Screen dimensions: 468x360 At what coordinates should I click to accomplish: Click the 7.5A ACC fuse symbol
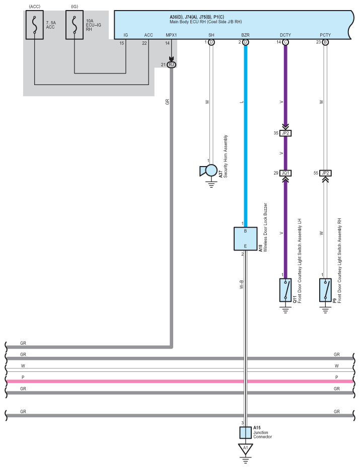[35, 24]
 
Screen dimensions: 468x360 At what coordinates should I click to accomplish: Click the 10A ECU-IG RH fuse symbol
[75, 24]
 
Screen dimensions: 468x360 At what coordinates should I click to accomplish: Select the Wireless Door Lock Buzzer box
[245, 239]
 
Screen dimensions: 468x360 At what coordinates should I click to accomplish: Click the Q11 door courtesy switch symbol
[285, 290]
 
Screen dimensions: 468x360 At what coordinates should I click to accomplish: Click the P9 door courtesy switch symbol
[325, 290]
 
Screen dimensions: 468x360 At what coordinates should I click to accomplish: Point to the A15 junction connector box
[245, 432]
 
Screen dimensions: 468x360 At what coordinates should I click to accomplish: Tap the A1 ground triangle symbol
[245, 448]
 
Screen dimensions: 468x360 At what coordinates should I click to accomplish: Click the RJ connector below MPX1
[171, 64]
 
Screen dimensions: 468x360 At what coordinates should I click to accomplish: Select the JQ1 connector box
[285, 173]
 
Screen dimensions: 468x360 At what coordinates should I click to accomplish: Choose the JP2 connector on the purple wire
[285, 133]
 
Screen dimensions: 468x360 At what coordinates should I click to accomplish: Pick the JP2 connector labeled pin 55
[325, 173]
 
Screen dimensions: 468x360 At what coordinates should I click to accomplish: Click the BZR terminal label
[245, 35]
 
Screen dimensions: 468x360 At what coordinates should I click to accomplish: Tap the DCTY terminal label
[285, 35]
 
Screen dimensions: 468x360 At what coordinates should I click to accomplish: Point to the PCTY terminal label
[325, 35]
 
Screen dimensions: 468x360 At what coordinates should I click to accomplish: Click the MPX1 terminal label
[171, 35]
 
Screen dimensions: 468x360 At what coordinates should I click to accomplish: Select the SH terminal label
[211, 35]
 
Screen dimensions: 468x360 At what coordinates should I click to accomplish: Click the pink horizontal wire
[126, 381]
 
